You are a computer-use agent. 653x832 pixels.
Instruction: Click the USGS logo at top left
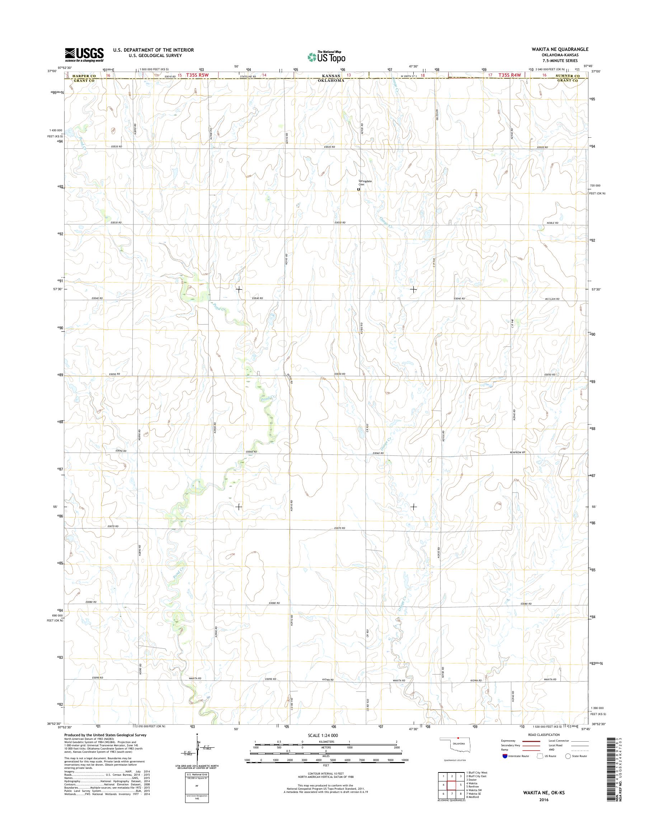pyautogui.click(x=84, y=55)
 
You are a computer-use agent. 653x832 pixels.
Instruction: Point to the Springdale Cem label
pyautogui.click(x=362, y=183)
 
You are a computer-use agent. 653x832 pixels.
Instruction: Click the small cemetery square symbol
pyautogui.click(x=359, y=189)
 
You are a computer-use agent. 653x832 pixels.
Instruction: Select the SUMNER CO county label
pyautogui.click(x=568, y=76)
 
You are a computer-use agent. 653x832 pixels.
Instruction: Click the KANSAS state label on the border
pyautogui.click(x=332, y=76)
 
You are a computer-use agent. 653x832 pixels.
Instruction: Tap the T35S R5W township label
pyautogui.click(x=197, y=75)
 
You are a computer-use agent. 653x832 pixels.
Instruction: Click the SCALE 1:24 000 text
pyautogui.click(x=323, y=735)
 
